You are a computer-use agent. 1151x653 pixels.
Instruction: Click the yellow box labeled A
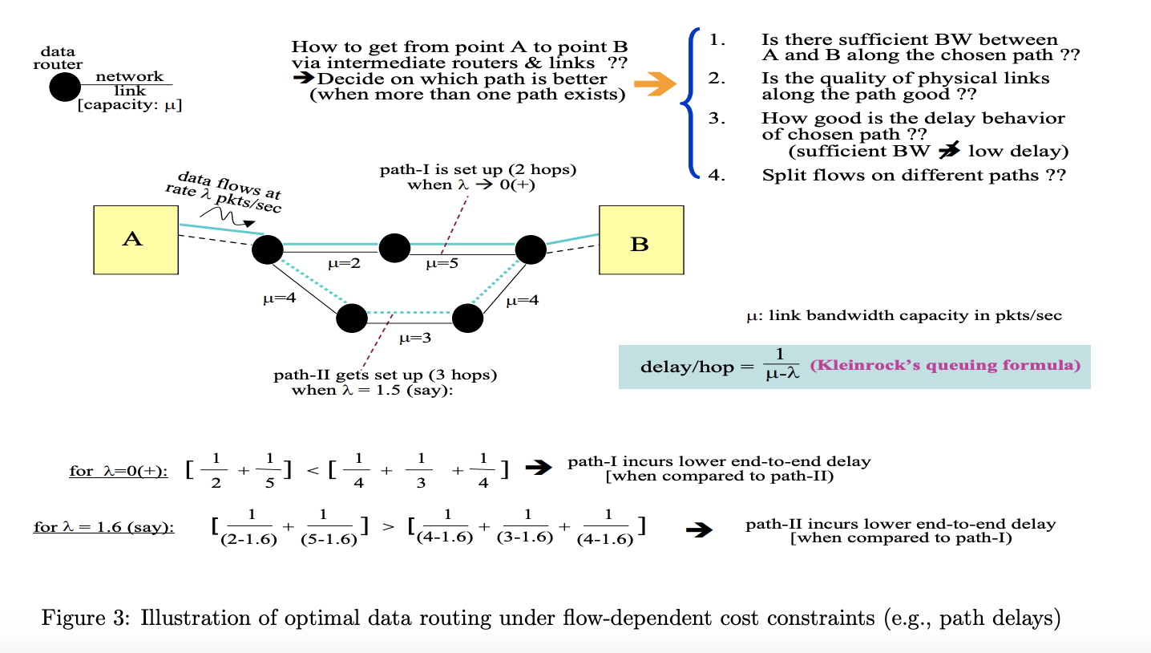coord(135,240)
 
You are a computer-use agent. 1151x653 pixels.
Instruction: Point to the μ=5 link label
coord(442,264)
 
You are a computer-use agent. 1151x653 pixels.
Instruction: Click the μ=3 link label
coord(415,338)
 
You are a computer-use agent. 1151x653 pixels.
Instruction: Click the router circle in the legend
coord(65,87)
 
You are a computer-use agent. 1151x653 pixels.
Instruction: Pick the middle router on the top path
coord(394,248)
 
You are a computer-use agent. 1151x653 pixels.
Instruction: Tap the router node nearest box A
coord(268,249)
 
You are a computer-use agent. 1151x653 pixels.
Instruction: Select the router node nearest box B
coord(531,249)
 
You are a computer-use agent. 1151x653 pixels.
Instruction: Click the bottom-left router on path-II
coord(352,318)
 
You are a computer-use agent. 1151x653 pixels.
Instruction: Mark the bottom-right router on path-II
coord(468,318)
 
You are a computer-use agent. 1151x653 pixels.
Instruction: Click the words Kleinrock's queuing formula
coord(944,366)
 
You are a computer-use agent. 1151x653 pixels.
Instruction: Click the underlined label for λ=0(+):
coord(119,471)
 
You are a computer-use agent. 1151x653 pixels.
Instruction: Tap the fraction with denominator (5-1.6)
coord(329,527)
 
